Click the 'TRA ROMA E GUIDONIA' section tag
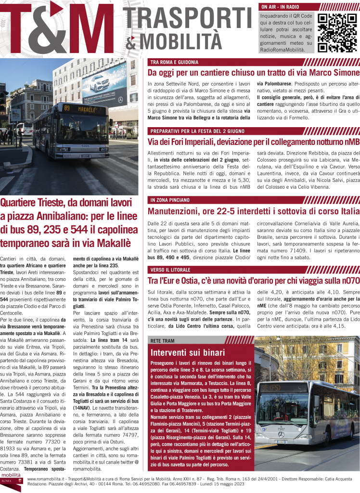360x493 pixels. pyautogui.click(x=174, y=62)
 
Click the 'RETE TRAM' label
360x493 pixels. pyautogui.click(x=163, y=340)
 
